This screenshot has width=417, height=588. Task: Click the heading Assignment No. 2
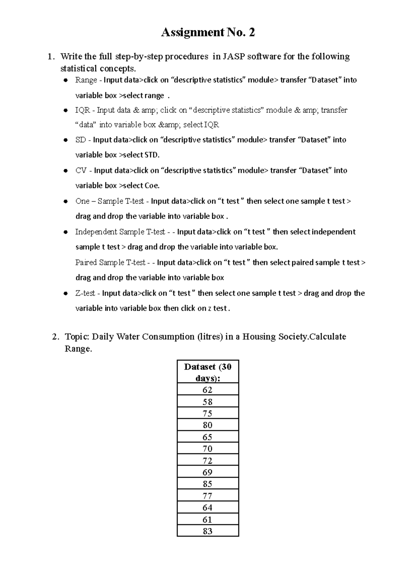click(208, 32)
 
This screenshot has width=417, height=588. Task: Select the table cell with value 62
click(207, 390)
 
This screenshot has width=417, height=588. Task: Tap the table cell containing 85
click(207, 484)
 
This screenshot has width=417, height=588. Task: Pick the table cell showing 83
click(207, 531)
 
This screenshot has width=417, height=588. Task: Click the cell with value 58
click(207, 402)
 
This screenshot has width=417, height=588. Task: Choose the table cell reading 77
click(207, 496)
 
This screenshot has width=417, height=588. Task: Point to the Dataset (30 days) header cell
click(207, 372)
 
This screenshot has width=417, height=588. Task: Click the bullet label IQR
click(82, 110)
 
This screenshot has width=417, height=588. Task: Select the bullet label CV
click(81, 170)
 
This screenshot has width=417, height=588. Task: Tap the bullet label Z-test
click(85, 293)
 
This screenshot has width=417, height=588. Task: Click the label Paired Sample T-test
click(110, 262)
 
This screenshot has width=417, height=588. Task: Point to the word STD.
click(152, 155)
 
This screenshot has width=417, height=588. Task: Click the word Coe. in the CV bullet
click(152, 186)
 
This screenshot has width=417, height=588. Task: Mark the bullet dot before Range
click(65, 80)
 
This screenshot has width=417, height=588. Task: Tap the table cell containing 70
click(207, 448)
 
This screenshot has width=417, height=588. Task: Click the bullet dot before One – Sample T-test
click(65, 201)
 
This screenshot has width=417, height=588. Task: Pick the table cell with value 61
click(207, 519)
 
